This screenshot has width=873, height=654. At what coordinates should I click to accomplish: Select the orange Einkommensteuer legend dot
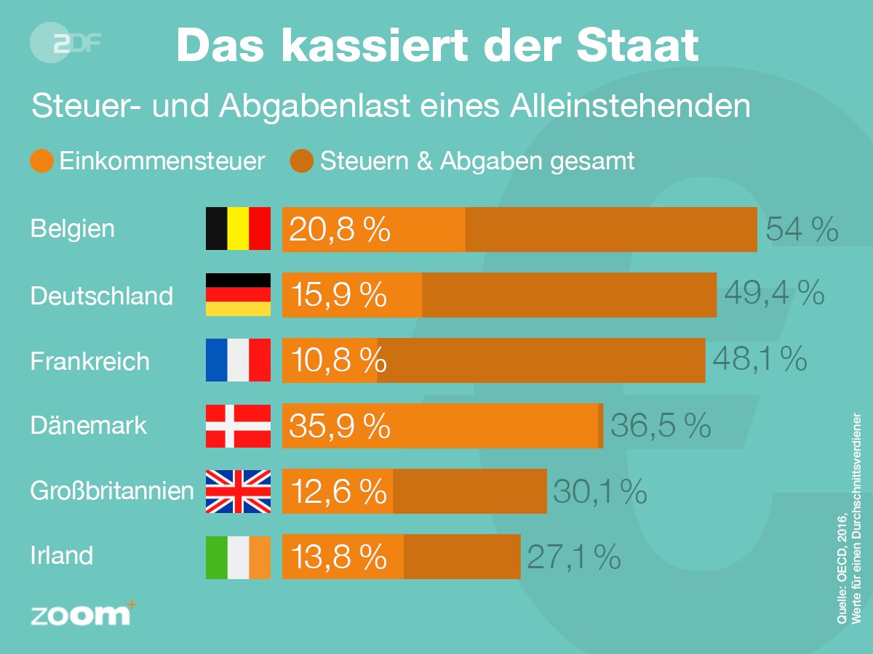pyautogui.click(x=42, y=161)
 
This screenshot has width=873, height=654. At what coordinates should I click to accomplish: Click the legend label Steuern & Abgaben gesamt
pyautogui.click(x=477, y=161)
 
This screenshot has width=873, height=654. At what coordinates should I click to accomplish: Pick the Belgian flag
pyautogui.click(x=238, y=229)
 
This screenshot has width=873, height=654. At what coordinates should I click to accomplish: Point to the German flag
pyautogui.click(x=238, y=294)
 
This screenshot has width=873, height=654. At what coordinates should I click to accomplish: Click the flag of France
pyautogui.click(x=238, y=360)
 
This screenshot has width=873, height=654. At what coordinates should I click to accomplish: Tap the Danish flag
pyautogui.click(x=238, y=425)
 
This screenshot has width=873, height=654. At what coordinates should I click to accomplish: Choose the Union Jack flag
pyautogui.click(x=238, y=491)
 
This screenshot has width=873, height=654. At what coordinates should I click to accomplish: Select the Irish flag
pyautogui.click(x=238, y=557)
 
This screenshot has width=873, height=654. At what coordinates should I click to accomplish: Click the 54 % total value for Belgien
pyautogui.click(x=802, y=230)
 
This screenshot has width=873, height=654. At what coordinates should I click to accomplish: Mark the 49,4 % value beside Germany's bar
pyautogui.click(x=774, y=294)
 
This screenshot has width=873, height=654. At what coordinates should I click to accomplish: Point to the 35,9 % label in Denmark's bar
pyautogui.click(x=339, y=426)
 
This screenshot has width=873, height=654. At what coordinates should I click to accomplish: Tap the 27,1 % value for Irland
pyautogui.click(x=573, y=557)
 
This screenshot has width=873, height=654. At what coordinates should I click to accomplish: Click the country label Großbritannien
pyautogui.click(x=112, y=491)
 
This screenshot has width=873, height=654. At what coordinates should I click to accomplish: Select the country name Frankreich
pyautogui.click(x=90, y=360)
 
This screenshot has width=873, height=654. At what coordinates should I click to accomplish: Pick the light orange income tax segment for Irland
pyautogui.click(x=342, y=557)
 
